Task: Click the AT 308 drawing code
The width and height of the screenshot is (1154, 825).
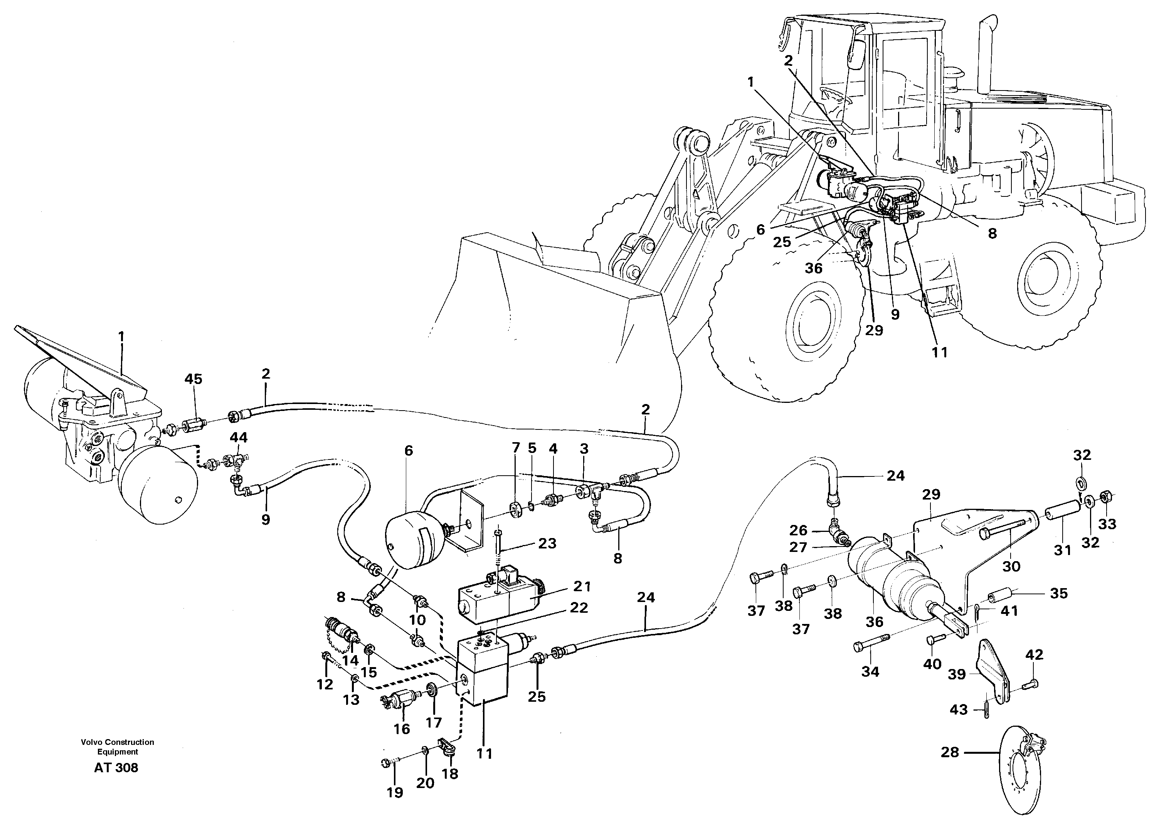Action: (x=116, y=768)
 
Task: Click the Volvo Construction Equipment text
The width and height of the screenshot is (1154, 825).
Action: (x=118, y=747)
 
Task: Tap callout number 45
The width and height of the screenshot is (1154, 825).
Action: (x=193, y=379)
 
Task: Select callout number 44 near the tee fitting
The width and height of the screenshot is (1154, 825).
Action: (x=239, y=438)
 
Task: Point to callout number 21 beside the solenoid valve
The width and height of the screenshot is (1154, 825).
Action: (x=582, y=586)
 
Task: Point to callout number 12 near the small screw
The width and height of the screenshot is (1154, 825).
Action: (x=325, y=684)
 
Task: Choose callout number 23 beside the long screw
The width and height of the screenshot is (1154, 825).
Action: (x=547, y=543)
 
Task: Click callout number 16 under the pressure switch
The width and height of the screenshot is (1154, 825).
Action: (x=402, y=729)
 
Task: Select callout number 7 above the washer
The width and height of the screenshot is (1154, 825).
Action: (x=516, y=448)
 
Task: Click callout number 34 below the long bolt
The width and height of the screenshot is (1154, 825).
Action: (x=870, y=672)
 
